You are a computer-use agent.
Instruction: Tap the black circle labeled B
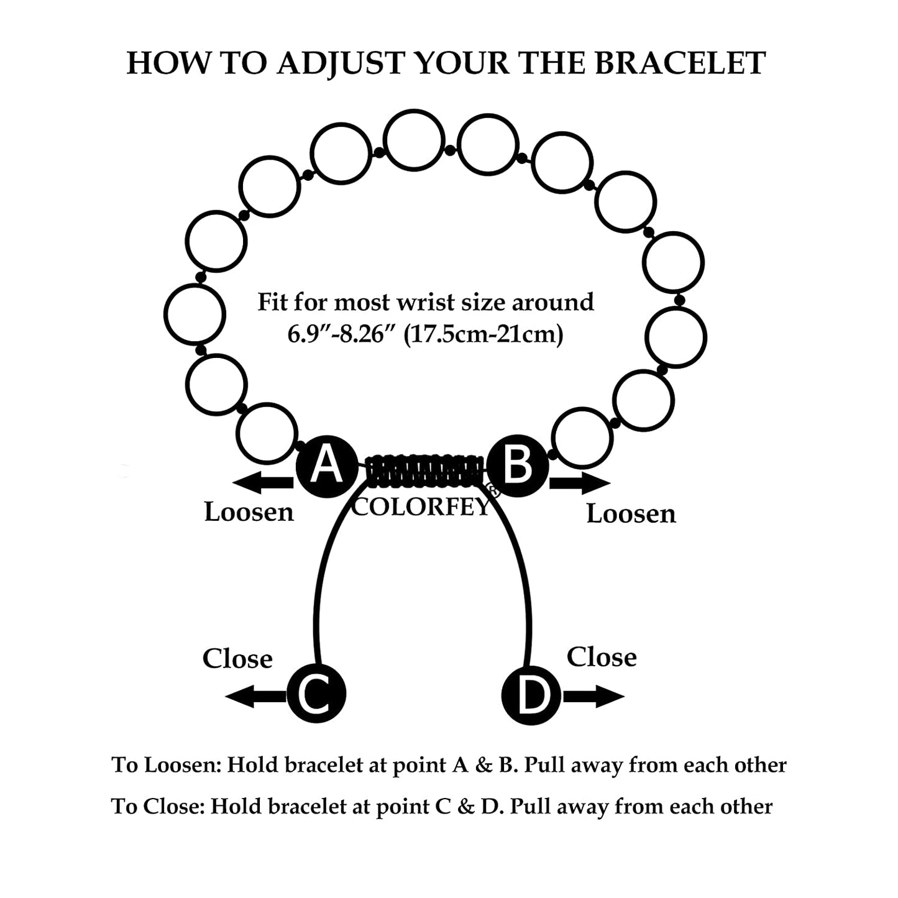(517, 466)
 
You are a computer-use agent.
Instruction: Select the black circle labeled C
(316, 694)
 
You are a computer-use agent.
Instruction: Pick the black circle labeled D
(531, 695)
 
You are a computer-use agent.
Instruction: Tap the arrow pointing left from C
(255, 696)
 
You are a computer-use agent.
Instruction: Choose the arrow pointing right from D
(593, 696)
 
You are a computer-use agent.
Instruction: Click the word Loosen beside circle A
(249, 512)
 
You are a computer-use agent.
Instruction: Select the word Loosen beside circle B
(631, 514)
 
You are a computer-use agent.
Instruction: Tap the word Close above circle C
(237, 659)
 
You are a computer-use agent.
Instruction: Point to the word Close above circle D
(602, 657)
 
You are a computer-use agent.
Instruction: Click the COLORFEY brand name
(421, 507)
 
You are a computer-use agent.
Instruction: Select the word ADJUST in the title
(340, 64)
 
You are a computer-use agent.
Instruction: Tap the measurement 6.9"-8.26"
(342, 335)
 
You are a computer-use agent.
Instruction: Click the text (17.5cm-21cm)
(483, 335)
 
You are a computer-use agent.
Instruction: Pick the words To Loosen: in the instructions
(166, 765)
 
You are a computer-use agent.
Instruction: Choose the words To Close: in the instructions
(158, 807)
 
